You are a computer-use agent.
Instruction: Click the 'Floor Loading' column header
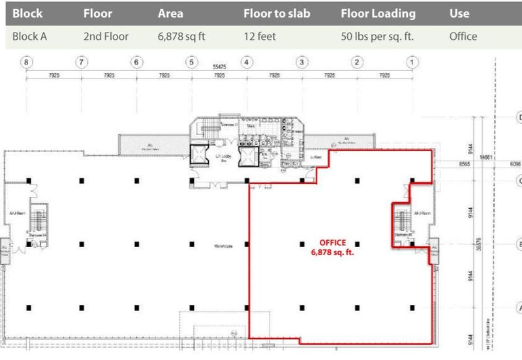click(377, 13)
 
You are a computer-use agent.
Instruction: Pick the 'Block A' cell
click(30, 37)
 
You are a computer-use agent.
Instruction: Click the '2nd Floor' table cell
click(106, 37)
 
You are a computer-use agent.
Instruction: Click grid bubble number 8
click(26, 63)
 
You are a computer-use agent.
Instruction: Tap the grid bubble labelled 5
click(191, 63)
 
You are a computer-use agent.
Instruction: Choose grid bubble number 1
click(412, 63)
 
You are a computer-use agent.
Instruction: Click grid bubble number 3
click(301, 63)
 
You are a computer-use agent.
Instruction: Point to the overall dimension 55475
click(219, 67)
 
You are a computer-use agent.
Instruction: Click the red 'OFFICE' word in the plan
click(333, 243)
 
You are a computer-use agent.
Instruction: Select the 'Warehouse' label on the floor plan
click(223, 246)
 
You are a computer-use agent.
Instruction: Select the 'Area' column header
click(170, 13)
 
